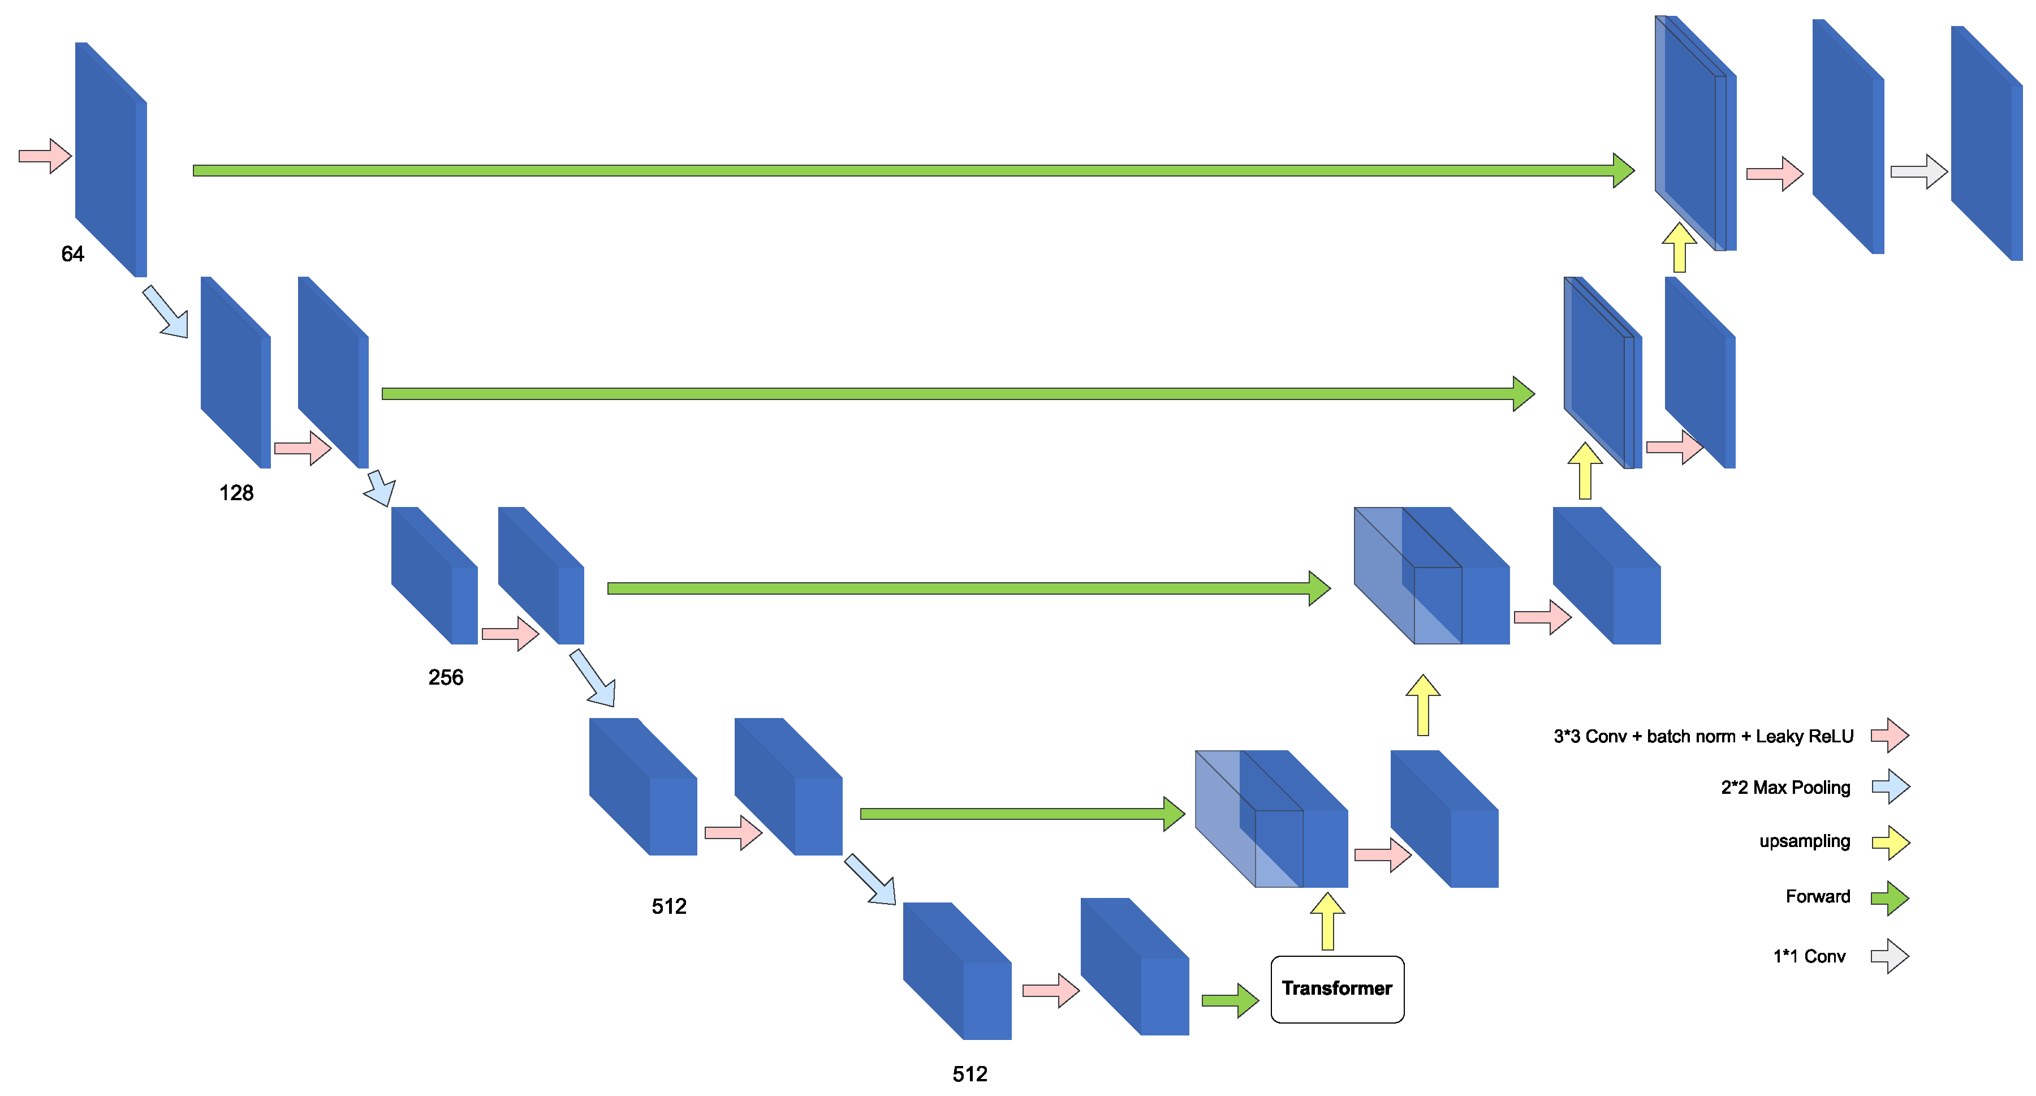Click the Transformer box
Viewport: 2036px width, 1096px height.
pyautogui.click(x=1336, y=988)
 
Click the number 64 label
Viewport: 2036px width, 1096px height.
pyautogui.click(x=73, y=254)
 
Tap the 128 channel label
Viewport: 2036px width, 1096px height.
pyautogui.click(x=236, y=493)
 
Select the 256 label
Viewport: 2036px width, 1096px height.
pyautogui.click(x=446, y=677)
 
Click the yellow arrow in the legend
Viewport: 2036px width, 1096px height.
pyautogui.click(x=1891, y=842)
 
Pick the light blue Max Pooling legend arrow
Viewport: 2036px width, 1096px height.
pyautogui.click(x=1891, y=787)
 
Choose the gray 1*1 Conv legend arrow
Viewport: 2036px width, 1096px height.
pyautogui.click(x=1891, y=956)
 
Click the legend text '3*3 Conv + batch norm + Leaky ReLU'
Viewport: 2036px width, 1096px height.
pyautogui.click(x=1703, y=736)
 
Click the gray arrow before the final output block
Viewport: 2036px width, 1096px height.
pyautogui.click(x=1919, y=171)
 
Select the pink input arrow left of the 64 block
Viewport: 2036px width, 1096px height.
pyautogui.click(x=46, y=156)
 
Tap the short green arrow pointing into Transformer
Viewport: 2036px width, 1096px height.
pyautogui.click(x=1230, y=1000)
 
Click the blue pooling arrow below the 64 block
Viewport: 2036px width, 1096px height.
pyautogui.click(x=166, y=312)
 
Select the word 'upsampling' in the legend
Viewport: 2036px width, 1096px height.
pyautogui.click(x=1805, y=841)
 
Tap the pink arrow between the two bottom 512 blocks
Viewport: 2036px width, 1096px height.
pyautogui.click(x=1050, y=991)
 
